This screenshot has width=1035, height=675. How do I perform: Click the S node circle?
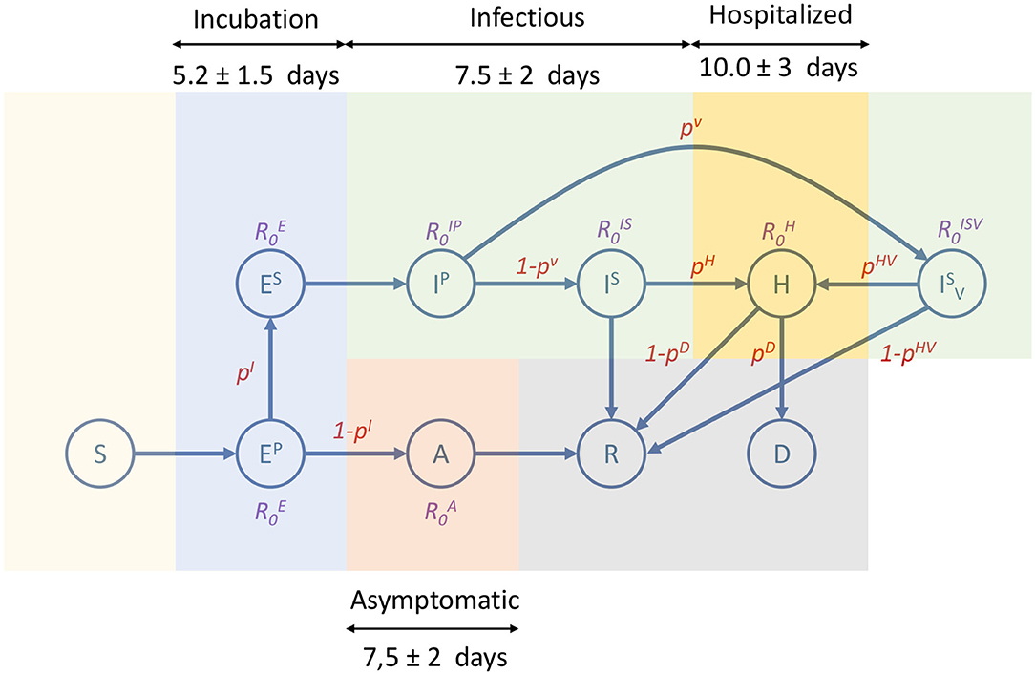pyautogui.click(x=100, y=455)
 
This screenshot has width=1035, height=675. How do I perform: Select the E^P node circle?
pyautogui.click(x=271, y=455)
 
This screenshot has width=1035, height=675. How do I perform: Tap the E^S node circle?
pyautogui.click(x=271, y=285)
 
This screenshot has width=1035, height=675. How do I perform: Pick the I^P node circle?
pyautogui.click(x=441, y=285)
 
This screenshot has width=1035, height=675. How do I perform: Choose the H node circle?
pyautogui.click(x=782, y=285)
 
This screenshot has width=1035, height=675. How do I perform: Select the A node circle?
pyautogui.click(x=441, y=455)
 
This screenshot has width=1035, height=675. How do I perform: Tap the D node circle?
pyautogui.click(x=782, y=455)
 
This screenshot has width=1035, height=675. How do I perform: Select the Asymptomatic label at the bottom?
pyautogui.click(x=433, y=601)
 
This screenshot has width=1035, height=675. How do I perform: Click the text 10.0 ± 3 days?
pyautogui.click(x=780, y=69)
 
